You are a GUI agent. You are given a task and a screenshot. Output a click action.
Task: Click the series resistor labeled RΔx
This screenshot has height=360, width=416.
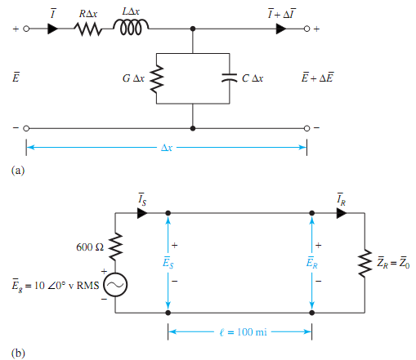click(87, 29)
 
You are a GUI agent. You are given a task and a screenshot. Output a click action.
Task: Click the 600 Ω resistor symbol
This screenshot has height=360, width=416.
click(115, 247)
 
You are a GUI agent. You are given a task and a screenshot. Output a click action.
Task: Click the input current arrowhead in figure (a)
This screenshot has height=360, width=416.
click(53, 29)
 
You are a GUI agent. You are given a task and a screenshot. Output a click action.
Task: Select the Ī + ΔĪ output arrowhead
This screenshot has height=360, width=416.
click(282, 29)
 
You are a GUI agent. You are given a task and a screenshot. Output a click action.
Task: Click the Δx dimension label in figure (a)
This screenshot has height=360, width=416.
click(167, 148)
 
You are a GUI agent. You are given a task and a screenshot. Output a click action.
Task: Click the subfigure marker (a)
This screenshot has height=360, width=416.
click(17, 171)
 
